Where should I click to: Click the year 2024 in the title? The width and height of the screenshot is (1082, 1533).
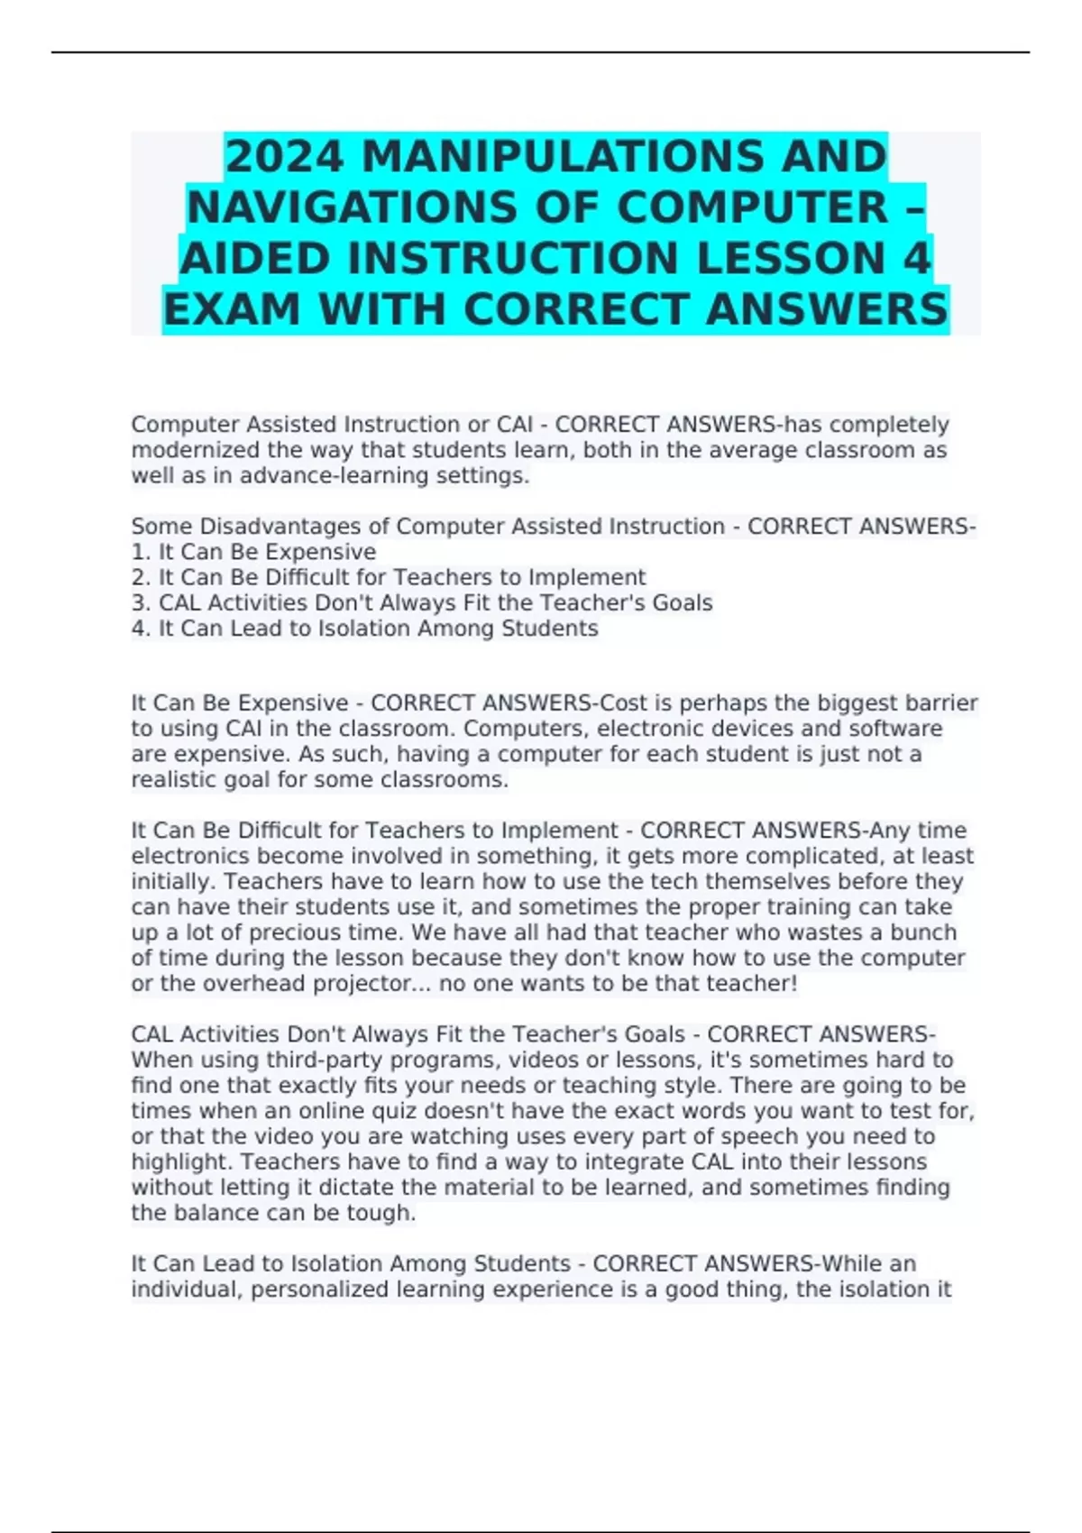pos(284,156)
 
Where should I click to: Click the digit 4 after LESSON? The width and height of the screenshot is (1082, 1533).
pos(916,258)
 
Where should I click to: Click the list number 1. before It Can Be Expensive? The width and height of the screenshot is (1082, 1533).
pos(142,552)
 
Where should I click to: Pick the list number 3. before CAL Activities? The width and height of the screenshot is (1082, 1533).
pos(142,603)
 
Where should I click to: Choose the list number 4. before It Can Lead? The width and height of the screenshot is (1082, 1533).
pos(142,629)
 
